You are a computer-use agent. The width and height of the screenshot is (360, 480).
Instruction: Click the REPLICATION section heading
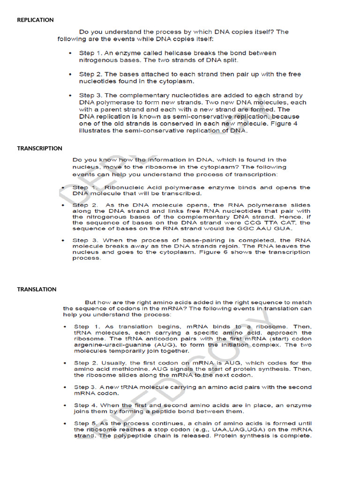(x=35, y=20)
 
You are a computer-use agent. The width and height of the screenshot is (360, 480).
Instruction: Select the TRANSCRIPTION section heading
(x=40, y=148)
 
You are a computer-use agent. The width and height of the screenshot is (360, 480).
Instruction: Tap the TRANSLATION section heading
(x=37, y=289)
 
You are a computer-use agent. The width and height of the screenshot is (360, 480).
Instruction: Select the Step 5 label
(x=85, y=423)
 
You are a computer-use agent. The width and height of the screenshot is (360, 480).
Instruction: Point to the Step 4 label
(x=85, y=405)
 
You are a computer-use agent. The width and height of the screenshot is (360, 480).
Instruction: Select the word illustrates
(x=96, y=131)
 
